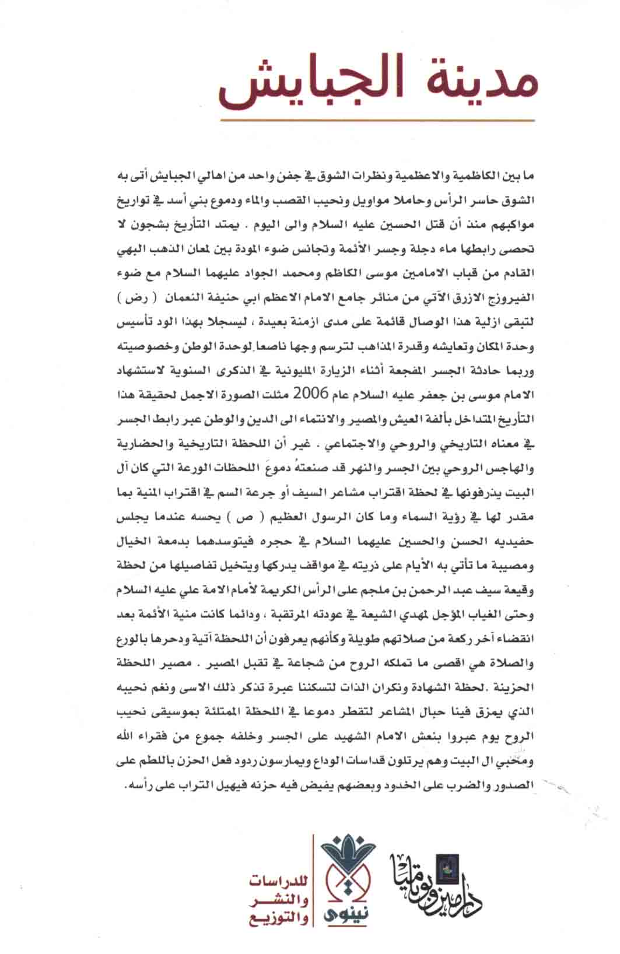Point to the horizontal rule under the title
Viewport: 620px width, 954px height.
pyautogui.click(x=377, y=121)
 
